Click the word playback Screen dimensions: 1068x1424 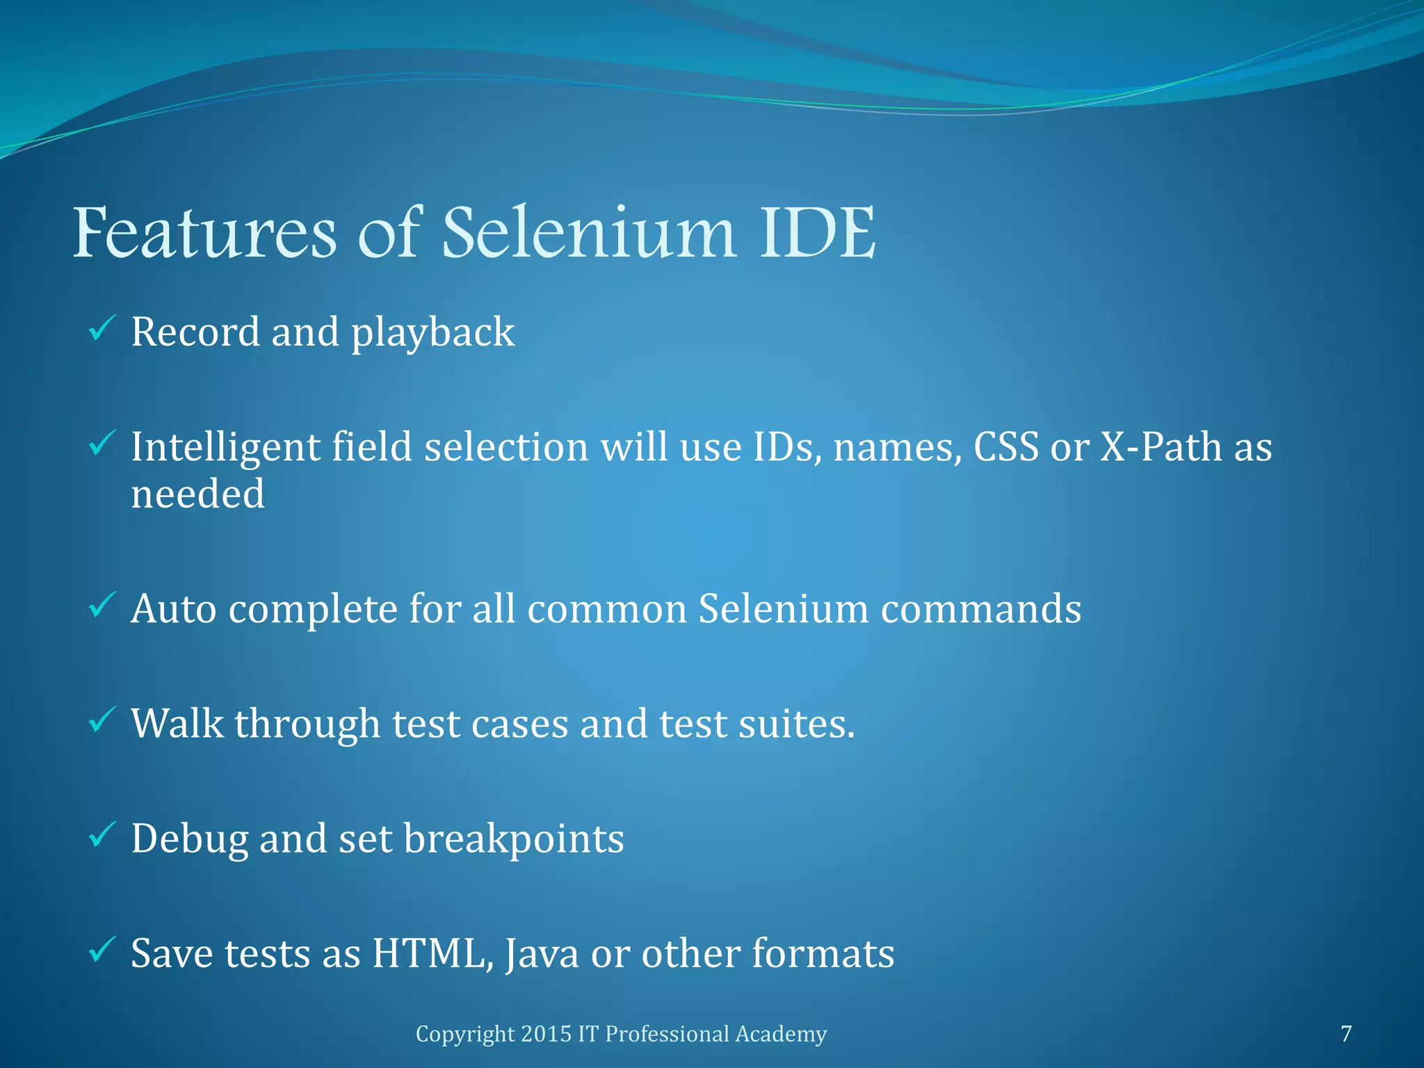point(432,332)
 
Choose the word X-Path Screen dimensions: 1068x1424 point(1160,446)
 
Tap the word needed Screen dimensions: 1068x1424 point(198,494)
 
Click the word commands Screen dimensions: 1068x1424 point(981,609)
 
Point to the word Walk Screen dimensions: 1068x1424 point(177,723)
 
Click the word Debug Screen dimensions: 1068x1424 point(189,839)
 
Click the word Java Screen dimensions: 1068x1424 point(542,954)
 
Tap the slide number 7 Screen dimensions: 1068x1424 point(1346,1034)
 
